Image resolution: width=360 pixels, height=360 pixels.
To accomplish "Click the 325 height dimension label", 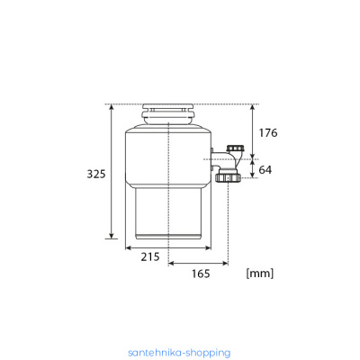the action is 96,174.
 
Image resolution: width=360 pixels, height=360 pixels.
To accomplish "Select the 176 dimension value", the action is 268,133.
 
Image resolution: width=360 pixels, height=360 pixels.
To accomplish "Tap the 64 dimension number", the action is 265,170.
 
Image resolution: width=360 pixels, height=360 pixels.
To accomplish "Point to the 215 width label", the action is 150,256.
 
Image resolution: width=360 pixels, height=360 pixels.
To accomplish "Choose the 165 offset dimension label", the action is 201,274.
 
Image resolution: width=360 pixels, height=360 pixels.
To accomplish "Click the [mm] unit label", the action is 260,274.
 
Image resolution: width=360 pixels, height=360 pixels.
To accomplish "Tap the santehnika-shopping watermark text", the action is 179,353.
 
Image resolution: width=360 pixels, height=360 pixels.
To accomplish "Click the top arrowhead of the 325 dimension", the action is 112,107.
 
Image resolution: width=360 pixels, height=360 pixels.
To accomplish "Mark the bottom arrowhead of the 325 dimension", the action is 112,236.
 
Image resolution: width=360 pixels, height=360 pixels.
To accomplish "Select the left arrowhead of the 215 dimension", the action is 129,247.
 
